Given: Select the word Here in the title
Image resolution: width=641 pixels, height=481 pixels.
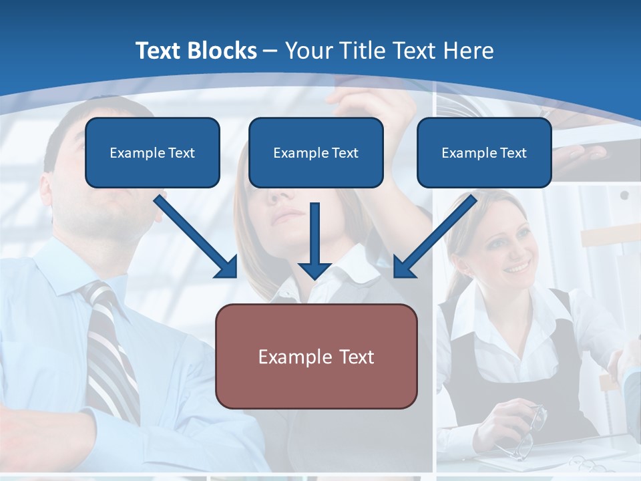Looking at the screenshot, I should pyautogui.click(x=469, y=51).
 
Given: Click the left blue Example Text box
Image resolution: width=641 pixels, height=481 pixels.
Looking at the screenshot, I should pyautogui.click(x=152, y=152).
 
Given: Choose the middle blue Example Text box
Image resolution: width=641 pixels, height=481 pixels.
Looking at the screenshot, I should pyautogui.click(x=316, y=152).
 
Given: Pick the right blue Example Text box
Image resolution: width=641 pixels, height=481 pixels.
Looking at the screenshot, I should pyautogui.click(x=484, y=152).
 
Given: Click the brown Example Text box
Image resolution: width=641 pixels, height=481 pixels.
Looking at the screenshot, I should pyautogui.click(x=316, y=356).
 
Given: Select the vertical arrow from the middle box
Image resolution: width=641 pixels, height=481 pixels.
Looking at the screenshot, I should pyautogui.click(x=314, y=240).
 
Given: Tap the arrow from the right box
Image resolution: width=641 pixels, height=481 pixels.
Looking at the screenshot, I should pyautogui.click(x=435, y=236).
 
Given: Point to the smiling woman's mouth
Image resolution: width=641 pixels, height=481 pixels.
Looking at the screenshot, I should pyautogui.click(x=515, y=269).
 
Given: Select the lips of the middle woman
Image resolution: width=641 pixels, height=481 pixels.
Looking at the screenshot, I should pyautogui.click(x=289, y=215).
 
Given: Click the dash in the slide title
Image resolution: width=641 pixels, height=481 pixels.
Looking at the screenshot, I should pyautogui.click(x=270, y=51).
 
